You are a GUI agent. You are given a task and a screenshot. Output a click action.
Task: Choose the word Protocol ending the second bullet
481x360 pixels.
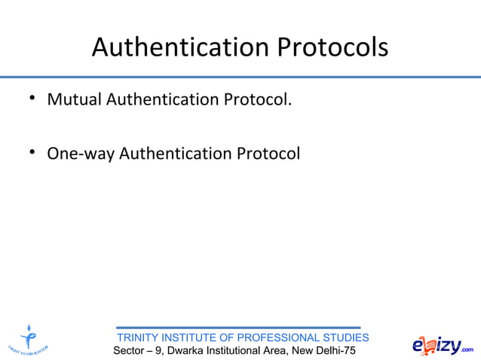268,154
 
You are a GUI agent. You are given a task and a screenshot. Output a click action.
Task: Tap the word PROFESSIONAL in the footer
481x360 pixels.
277,337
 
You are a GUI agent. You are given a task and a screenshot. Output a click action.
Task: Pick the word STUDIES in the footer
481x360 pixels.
345,337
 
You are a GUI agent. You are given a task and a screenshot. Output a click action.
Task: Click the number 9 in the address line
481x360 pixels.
158,351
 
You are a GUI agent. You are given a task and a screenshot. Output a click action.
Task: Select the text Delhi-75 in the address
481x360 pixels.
335,351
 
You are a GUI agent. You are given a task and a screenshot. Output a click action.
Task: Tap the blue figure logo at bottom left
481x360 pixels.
29,339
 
